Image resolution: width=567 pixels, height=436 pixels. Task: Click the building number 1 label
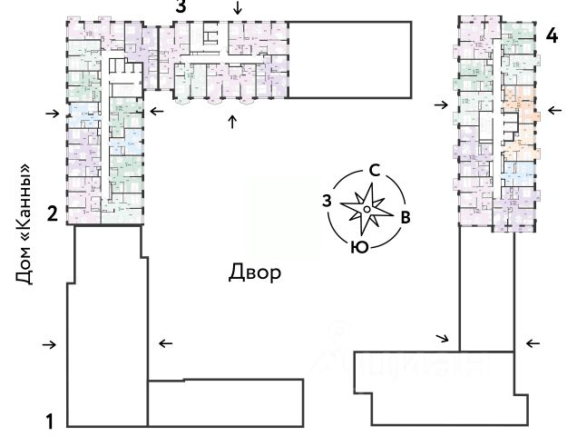click(52, 421)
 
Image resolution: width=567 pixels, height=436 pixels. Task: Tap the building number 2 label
click(53, 214)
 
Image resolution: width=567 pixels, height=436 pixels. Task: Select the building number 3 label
click(181, 6)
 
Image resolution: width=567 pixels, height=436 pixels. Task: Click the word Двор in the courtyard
click(253, 272)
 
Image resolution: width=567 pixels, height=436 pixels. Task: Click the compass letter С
click(374, 170)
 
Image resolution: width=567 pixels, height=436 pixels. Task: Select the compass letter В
click(406, 217)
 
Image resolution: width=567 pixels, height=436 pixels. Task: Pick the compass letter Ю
click(359, 246)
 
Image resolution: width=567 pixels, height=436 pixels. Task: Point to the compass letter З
click(327, 201)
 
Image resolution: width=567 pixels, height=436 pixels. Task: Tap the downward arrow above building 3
click(238, 8)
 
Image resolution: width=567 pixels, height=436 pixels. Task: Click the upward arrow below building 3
click(232, 122)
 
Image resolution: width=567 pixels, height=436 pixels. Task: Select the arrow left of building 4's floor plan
click(441, 105)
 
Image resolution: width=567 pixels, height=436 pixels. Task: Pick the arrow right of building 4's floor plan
click(553, 113)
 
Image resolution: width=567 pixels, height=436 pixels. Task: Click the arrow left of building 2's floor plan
click(53, 114)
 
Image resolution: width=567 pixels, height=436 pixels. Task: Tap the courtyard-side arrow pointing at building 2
click(157, 111)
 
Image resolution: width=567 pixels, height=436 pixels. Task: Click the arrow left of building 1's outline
click(50, 344)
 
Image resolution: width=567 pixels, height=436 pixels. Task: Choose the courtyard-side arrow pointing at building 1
click(165, 342)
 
